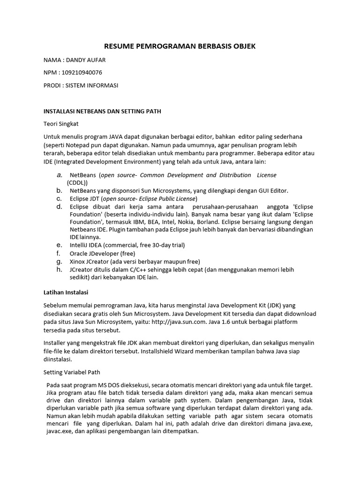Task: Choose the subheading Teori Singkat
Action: pyautogui.click(x=61, y=124)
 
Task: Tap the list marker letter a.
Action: pyautogui.click(x=59, y=175)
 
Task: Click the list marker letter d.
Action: pyautogui.click(x=59, y=206)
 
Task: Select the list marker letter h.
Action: pyautogui.click(x=59, y=270)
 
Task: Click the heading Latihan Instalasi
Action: pyautogui.click(x=66, y=292)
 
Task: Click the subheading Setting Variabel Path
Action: pyautogui.click(x=72, y=373)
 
